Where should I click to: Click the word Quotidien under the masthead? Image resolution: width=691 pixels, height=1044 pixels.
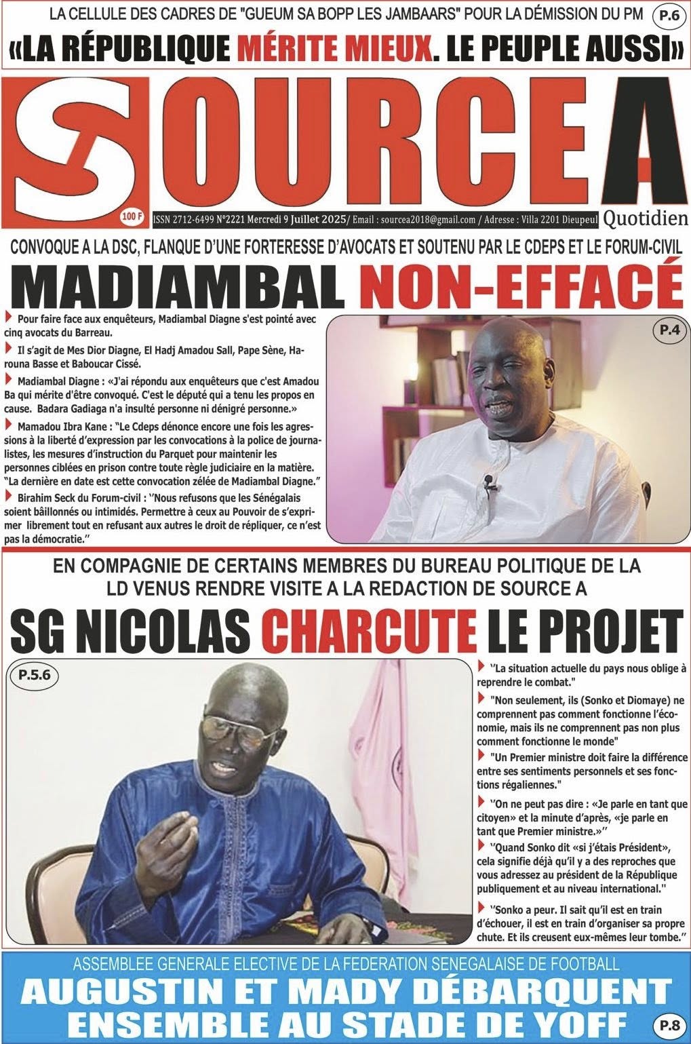pyautogui.click(x=645, y=218)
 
